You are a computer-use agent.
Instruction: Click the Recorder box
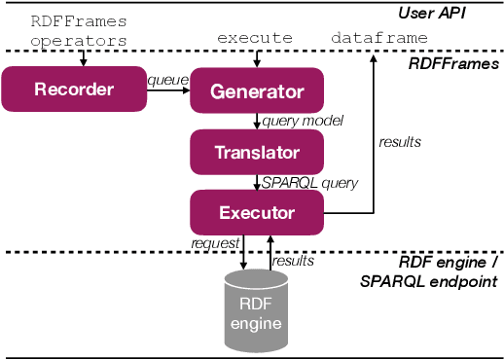[73, 90]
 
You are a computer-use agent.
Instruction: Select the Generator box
[257, 91]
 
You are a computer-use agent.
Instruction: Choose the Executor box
[257, 210]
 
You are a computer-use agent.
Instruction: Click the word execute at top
[256, 37]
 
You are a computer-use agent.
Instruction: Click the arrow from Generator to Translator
[257, 122]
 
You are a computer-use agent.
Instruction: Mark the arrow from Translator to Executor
[257, 181]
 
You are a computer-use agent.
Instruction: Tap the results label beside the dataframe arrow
[400, 142]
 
